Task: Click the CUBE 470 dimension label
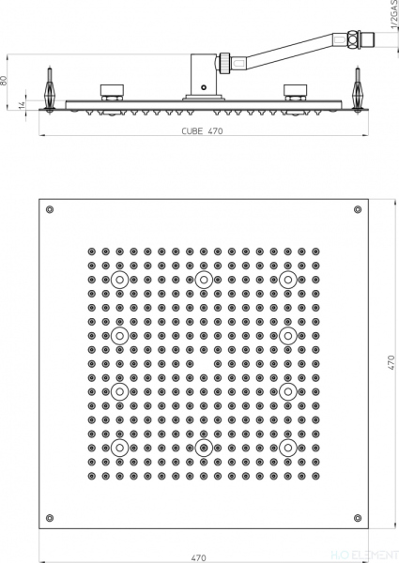[x=202, y=131]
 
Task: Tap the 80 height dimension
[x=7, y=81]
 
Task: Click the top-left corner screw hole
[x=50, y=208]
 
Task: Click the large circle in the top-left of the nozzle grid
[x=118, y=280]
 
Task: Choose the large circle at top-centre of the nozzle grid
[x=203, y=280]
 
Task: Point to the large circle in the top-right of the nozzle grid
[x=286, y=280]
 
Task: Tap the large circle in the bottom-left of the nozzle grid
[x=118, y=448]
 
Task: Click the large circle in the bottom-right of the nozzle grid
[x=286, y=448]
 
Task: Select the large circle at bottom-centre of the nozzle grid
[x=203, y=448]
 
